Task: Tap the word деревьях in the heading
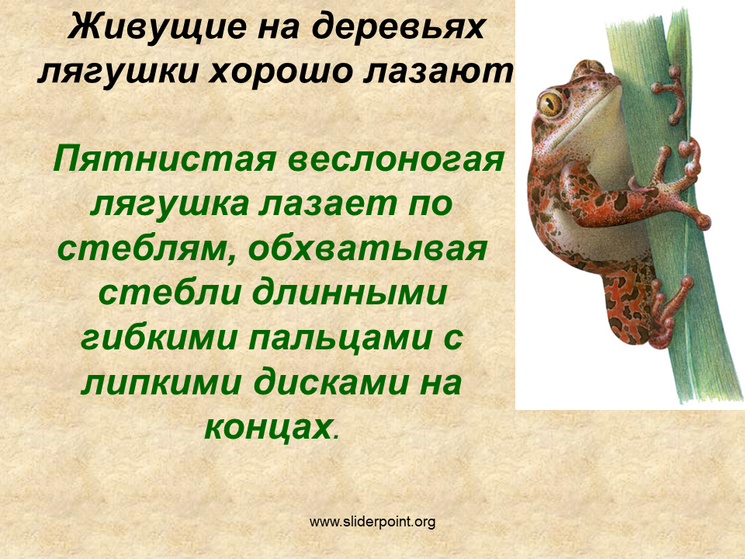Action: coord(398,27)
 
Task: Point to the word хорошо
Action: coord(282,73)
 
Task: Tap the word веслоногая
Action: coord(396,159)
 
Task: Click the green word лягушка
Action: coord(170,205)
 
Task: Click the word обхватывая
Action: coord(368,249)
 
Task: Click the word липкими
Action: coord(161,384)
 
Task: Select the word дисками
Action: coord(331,383)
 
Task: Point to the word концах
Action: coord(269,427)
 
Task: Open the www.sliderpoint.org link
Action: coord(372,522)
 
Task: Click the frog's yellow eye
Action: coord(551,103)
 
